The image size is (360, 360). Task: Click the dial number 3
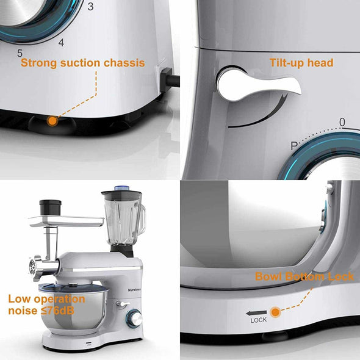click(90, 7)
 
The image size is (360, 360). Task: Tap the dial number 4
click(61, 42)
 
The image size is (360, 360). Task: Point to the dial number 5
click(20, 53)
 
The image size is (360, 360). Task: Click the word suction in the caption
click(80, 63)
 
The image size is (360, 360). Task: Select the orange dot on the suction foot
click(52, 121)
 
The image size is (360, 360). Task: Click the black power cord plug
click(170, 80)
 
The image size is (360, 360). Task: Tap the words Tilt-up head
click(301, 63)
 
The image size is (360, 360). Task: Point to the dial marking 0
click(342, 123)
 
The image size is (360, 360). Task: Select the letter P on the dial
click(294, 146)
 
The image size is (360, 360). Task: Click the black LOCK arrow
click(256, 313)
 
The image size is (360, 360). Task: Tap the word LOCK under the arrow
click(259, 320)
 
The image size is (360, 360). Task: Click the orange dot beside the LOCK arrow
click(275, 312)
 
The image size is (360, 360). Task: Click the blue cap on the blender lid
click(121, 189)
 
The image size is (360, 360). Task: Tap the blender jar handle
click(143, 218)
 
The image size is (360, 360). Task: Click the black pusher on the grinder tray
click(50, 207)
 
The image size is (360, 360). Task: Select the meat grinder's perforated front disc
click(32, 267)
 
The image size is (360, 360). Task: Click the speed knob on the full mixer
click(135, 319)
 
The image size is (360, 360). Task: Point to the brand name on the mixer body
click(134, 290)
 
